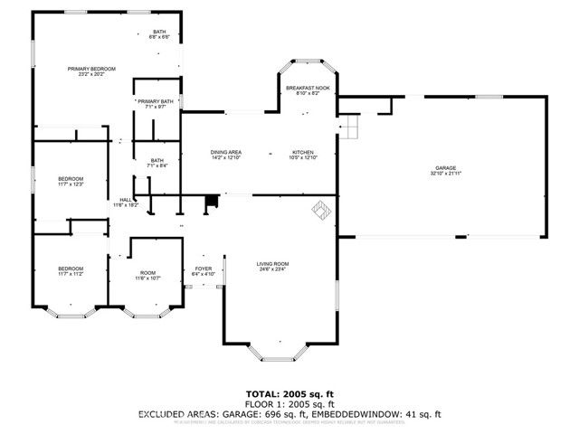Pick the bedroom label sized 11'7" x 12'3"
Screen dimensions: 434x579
point(71,182)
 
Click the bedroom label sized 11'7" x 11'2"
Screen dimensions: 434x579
point(71,270)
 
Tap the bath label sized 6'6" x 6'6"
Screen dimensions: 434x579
point(159,34)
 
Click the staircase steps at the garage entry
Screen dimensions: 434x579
point(350,128)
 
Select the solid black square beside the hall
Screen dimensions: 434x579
point(211,203)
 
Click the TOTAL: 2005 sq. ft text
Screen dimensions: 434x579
point(289,394)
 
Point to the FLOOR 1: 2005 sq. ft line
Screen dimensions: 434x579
point(289,404)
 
